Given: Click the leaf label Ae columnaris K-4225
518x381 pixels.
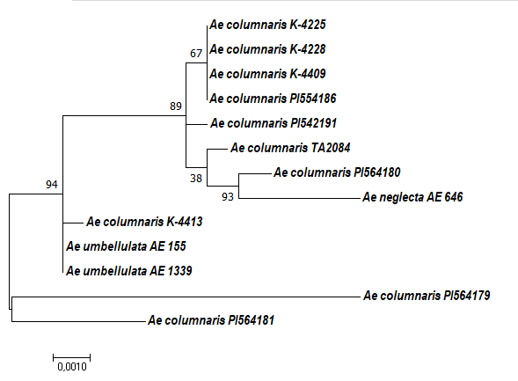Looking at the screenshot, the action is pyautogui.click(x=267, y=25).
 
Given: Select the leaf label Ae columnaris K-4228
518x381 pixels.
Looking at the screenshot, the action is pyautogui.click(x=267, y=49).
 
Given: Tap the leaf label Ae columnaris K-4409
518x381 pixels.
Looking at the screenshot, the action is pyautogui.click(x=267, y=74).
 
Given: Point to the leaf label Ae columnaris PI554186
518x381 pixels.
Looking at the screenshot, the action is pyautogui.click(x=273, y=99).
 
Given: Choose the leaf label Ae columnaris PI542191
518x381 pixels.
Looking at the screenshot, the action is pyautogui.click(x=274, y=123).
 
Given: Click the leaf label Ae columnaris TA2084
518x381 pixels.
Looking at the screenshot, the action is pyautogui.click(x=290, y=148).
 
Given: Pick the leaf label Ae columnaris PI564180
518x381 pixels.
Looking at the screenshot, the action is pyautogui.click(x=337, y=172).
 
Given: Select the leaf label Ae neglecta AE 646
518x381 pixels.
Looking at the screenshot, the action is pyautogui.click(x=412, y=197).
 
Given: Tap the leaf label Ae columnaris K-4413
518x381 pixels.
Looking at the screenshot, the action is pyautogui.click(x=144, y=222).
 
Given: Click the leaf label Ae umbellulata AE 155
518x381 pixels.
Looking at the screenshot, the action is pyautogui.click(x=126, y=246).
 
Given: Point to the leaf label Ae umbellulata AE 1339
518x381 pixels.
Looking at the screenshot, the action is pyautogui.click(x=129, y=271).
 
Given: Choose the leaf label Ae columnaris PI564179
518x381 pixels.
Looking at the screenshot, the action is pyautogui.click(x=427, y=296).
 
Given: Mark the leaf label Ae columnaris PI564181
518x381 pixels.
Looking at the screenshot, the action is pyautogui.click(x=211, y=320).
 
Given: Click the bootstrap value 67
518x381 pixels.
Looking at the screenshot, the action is pyautogui.click(x=196, y=54).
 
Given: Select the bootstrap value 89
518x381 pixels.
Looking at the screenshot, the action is pyautogui.click(x=176, y=106).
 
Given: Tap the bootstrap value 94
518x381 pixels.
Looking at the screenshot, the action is pyautogui.click(x=52, y=185).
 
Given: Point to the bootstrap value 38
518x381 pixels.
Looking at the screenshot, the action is pyautogui.click(x=196, y=179).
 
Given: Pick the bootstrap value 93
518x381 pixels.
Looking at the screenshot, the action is pyautogui.click(x=228, y=197).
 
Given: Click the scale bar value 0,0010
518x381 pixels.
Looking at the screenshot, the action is pyautogui.click(x=72, y=367).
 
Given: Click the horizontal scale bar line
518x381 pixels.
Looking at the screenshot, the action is pyautogui.click(x=72, y=357).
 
